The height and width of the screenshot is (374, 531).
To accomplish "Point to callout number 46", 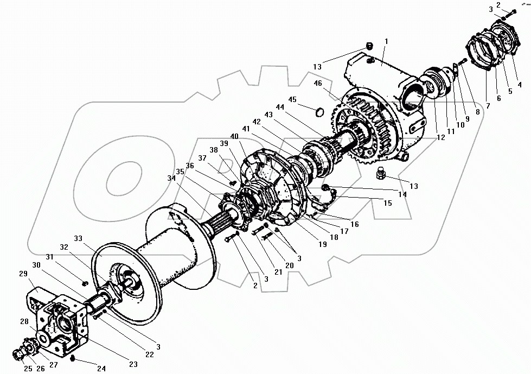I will (318, 84).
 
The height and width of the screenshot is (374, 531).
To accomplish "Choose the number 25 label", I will (14, 369).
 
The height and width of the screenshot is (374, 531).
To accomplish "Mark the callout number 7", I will (488, 106).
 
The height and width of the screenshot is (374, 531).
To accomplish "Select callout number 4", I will (520, 84).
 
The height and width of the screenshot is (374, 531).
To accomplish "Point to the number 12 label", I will (440, 138).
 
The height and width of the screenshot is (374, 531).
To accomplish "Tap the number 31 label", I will (50, 257).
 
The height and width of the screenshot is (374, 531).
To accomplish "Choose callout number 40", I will (234, 136).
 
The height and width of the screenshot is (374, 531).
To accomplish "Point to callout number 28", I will (24, 322).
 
